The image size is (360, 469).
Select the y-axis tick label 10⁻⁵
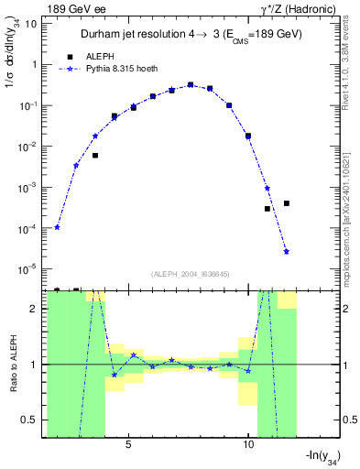click(x=27, y=268)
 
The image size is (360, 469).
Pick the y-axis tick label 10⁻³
click(x=27, y=187)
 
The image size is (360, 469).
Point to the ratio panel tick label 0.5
click(x=28, y=420)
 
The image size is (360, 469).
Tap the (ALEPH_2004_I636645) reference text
click(x=190, y=273)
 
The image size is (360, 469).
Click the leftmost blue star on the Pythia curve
click(x=57, y=227)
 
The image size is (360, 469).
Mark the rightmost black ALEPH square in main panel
click(x=287, y=203)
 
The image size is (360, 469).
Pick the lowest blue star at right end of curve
click(x=287, y=251)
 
